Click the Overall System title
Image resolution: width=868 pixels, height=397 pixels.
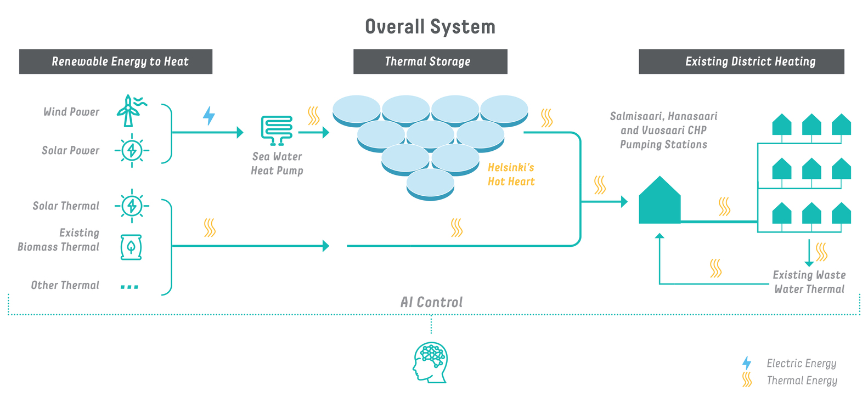tap(430, 27)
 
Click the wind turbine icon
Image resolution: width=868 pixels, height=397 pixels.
tap(130, 111)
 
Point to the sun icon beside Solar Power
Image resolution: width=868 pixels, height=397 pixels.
tap(132, 150)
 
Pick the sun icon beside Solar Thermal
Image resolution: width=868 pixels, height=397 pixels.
tap(132, 206)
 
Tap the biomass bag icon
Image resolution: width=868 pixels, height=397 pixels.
tap(131, 247)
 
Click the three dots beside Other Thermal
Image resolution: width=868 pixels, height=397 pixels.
tap(129, 286)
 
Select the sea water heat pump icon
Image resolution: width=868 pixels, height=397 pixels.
tap(277, 130)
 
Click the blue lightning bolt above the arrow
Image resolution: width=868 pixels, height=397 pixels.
tap(209, 116)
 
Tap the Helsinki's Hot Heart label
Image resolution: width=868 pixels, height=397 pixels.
tap(511, 174)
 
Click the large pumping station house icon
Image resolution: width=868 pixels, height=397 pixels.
tap(660, 202)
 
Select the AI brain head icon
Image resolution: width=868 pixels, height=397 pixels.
tap(431, 362)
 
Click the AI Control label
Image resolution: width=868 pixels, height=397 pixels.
tap(431, 302)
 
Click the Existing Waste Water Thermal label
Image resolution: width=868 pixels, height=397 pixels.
tap(809, 282)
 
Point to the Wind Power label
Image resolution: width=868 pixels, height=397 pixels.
tap(71, 112)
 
